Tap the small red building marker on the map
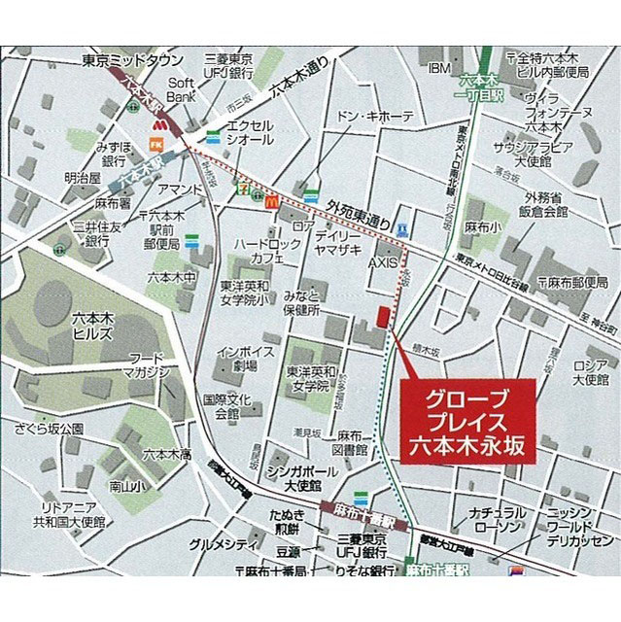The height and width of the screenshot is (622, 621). pyautogui.click(x=383, y=318)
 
